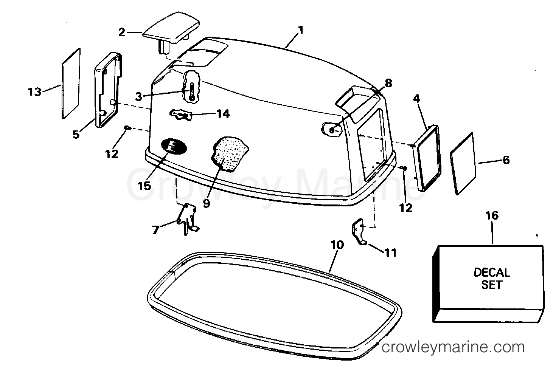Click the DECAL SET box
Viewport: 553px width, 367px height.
pyautogui.click(x=488, y=283)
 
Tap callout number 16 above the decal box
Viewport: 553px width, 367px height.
pyautogui.click(x=492, y=215)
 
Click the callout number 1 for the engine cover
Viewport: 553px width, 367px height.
pyautogui.click(x=300, y=30)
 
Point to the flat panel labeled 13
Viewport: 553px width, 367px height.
pyautogui.click(x=71, y=84)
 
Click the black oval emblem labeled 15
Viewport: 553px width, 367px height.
pyautogui.click(x=174, y=147)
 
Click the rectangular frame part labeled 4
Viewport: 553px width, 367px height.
pyautogui.click(x=427, y=158)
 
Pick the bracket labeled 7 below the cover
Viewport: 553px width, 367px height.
pyautogui.click(x=188, y=219)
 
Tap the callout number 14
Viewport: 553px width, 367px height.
pyautogui.click(x=223, y=114)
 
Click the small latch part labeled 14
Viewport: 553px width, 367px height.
pyautogui.click(x=180, y=115)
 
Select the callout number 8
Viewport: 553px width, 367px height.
pyautogui.click(x=388, y=83)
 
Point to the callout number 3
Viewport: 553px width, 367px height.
pyautogui.click(x=139, y=97)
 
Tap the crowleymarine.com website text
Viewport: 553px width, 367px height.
pyautogui.click(x=453, y=347)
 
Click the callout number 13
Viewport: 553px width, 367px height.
pyautogui.click(x=34, y=92)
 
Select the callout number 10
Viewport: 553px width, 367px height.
pyautogui.click(x=337, y=245)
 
